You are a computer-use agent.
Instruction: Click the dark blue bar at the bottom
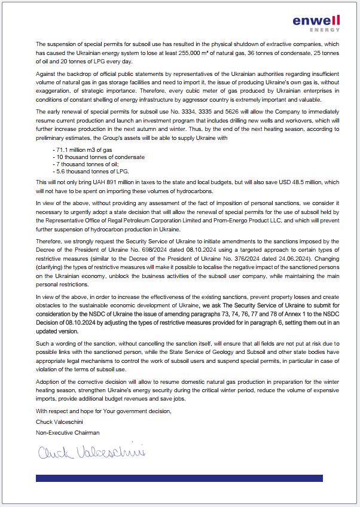[x=179, y=478]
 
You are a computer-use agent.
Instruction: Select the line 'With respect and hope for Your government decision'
[x=103, y=411]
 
